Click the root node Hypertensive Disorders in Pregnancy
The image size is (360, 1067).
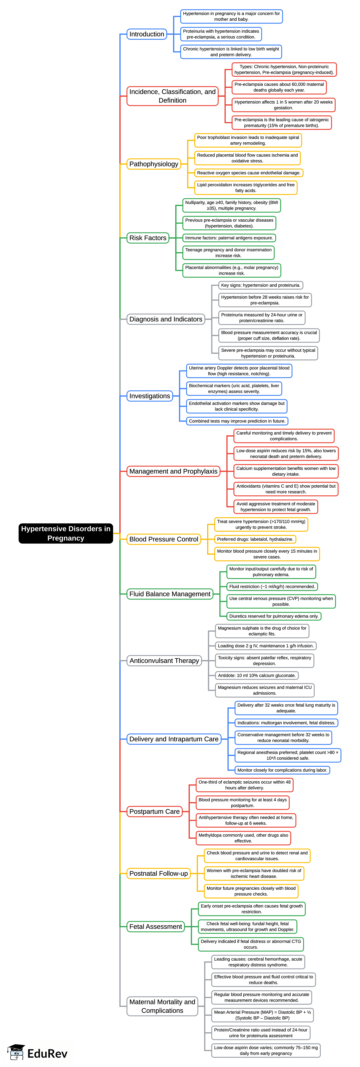click(65, 533)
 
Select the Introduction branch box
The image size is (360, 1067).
click(147, 34)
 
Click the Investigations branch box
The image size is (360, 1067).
click(149, 396)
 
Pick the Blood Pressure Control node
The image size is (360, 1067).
click(164, 539)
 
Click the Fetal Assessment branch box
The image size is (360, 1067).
click(155, 927)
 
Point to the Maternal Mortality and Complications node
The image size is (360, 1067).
click(162, 1006)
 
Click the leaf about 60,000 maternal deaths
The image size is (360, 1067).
click(279, 87)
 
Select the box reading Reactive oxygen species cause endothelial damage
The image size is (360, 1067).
click(249, 173)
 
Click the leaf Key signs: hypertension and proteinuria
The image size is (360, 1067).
click(260, 285)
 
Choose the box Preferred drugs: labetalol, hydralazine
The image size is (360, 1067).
click(255, 539)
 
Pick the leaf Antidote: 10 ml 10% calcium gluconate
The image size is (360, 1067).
click(256, 675)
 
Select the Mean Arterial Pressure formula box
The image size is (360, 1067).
click(262, 1015)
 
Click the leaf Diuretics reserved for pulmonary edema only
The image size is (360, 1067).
click(273, 616)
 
